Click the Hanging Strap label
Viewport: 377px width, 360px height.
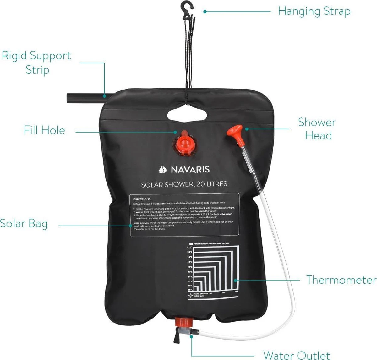[314, 12]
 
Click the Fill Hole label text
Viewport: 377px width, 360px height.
[44, 130]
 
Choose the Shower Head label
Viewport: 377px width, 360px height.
[317, 129]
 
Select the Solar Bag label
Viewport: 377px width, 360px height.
[24, 224]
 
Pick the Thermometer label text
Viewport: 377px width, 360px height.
[341, 280]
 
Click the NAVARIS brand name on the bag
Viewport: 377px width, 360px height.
[190, 170]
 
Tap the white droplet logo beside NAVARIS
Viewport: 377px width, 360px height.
[163, 170]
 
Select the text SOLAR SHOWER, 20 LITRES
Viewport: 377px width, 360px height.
[184, 184]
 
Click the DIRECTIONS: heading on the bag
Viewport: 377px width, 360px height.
[142, 199]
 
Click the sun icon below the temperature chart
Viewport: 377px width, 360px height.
[190, 295]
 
